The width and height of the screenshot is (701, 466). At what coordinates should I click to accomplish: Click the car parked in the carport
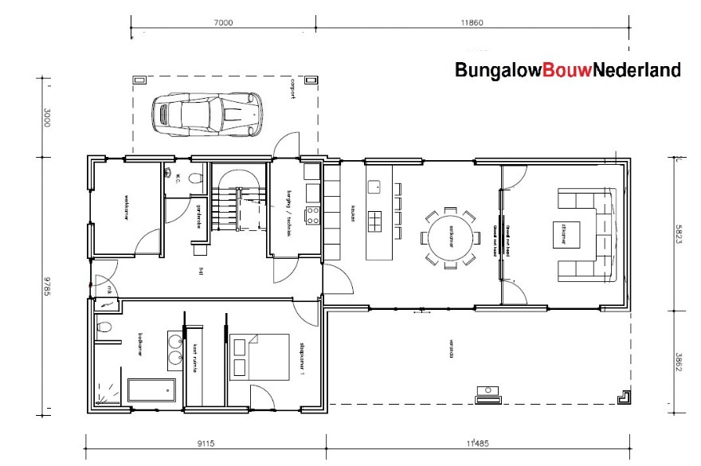[207, 112]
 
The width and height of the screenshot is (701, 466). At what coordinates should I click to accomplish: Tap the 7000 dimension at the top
[223, 23]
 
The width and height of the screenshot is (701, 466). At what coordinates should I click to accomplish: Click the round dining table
[450, 237]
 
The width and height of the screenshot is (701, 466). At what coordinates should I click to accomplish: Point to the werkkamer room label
[126, 206]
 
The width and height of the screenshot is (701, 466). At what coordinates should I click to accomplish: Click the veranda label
[450, 350]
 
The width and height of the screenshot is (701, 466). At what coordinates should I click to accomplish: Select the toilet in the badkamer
[102, 327]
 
